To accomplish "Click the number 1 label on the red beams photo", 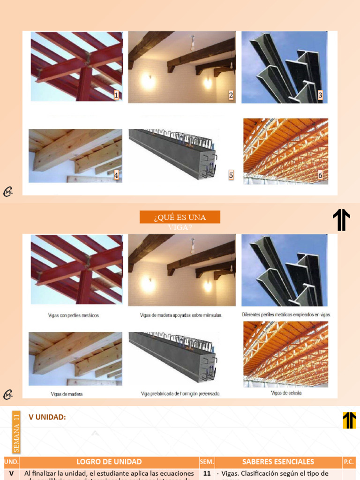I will [x=116, y=96].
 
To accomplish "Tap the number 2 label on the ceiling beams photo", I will [x=231, y=96].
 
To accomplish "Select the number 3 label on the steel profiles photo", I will [x=320, y=96].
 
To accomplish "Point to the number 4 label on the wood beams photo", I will [x=116, y=175].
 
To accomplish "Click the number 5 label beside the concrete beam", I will [x=231, y=175].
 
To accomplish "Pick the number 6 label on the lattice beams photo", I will [x=320, y=175].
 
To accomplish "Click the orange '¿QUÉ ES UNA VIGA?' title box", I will [x=180, y=217].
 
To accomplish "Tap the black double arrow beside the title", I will [x=341, y=220].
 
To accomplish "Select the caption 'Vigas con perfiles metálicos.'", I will [x=74, y=315].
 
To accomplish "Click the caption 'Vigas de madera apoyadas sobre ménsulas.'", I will [x=181, y=315].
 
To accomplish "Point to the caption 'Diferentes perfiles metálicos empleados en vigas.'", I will [x=286, y=315].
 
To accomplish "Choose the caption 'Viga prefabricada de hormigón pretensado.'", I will [x=180, y=394].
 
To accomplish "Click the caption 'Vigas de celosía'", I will [x=286, y=393].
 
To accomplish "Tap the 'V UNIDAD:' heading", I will [x=47, y=417].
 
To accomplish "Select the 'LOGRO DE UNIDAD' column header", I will [x=109, y=462].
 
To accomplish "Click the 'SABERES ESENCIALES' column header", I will [x=278, y=462].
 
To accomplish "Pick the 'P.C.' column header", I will [x=349, y=462].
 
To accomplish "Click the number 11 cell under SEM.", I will [x=207, y=473].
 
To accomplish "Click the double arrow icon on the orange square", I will [x=349, y=420].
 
